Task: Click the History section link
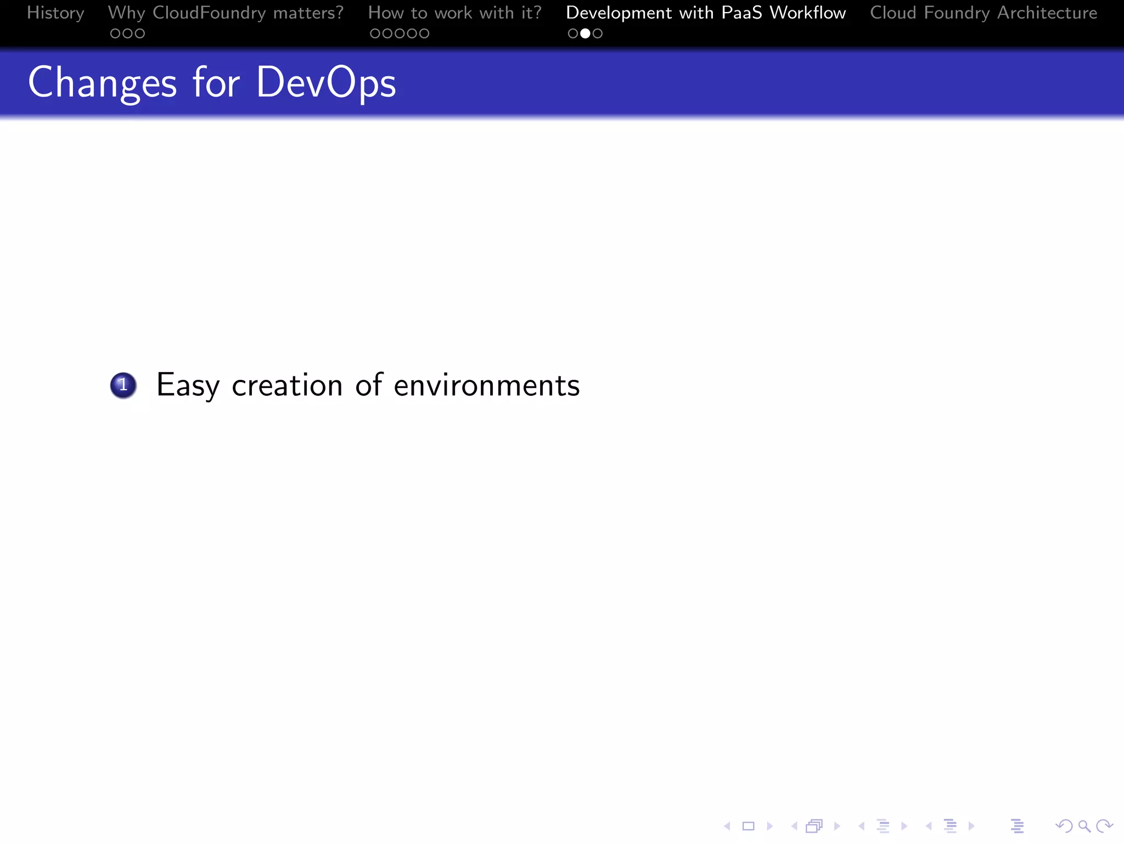55,13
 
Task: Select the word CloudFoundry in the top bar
209,13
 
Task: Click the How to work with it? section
454,13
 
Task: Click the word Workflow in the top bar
808,13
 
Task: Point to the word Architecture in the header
1047,13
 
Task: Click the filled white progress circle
585,33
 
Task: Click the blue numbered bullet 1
123,385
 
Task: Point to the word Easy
188,385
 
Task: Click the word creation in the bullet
287,385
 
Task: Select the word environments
487,385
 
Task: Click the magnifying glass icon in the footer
1084,826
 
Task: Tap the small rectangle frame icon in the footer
748,826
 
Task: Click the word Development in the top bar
619,13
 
